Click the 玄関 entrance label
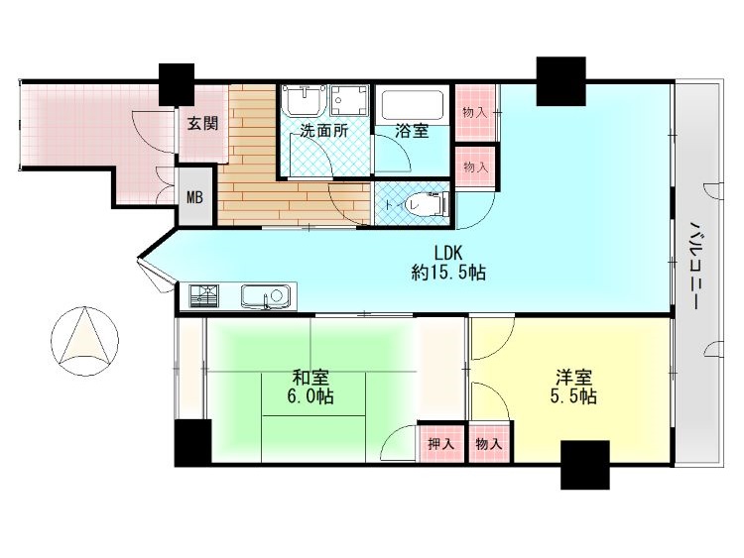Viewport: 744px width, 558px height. pos(202,124)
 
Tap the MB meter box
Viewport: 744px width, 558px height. pos(194,196)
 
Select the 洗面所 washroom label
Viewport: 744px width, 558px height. pos(323,131)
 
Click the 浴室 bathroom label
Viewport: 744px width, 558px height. pos(412,131)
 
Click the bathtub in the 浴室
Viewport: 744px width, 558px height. pos(413,105)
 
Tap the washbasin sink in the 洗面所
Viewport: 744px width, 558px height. pos(303,99)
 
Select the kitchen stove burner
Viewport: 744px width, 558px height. pos(204,296)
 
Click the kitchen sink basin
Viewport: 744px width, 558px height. pos(266,296)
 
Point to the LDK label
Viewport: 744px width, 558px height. pos(448,252)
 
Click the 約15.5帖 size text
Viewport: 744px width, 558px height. pos(448,273)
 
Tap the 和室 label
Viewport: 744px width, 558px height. pos(310,378)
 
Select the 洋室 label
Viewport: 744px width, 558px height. pos(574,378)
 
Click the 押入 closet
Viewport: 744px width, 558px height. pos(440,444)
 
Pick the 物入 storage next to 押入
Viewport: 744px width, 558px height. pos(490,444)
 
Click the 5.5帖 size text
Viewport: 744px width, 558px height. pos(573,396)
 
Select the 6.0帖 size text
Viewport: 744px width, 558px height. pos(310,396)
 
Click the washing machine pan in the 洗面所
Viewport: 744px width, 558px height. pos(350,100)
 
